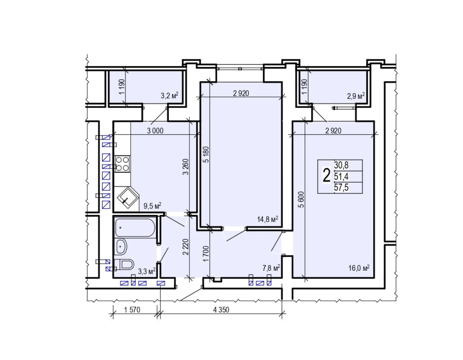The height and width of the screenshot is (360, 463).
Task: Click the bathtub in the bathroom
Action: pos(135,228)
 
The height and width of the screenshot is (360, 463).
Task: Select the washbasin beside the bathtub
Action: pos(121,247)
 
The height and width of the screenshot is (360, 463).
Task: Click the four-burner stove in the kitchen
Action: pos(122,164)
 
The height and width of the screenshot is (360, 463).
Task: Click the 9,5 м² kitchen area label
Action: pos(152,206)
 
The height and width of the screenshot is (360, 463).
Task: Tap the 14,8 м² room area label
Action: pos(267,219)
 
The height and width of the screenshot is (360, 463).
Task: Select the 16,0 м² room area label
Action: pos(359,268)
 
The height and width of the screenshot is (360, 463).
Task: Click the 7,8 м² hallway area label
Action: pos(271,268)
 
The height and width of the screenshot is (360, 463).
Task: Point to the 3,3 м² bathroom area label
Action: pos(147,272)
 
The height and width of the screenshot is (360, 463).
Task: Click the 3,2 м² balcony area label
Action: pos(170,95)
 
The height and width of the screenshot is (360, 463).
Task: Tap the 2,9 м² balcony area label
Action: pos(356,96)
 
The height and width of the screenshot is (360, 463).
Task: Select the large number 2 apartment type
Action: pos(326,175)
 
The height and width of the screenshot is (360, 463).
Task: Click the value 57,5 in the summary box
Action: pos(341,188)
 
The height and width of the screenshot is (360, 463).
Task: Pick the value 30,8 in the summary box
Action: pos(341,165)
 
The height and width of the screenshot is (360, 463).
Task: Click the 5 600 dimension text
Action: pos(301,200)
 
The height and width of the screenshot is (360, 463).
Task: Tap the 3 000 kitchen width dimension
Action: pos(155,131)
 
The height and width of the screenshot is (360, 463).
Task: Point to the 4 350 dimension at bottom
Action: pos(221,310)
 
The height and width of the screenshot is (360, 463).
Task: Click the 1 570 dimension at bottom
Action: pos(132,310)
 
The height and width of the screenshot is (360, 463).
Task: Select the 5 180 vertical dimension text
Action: pos(206,155)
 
